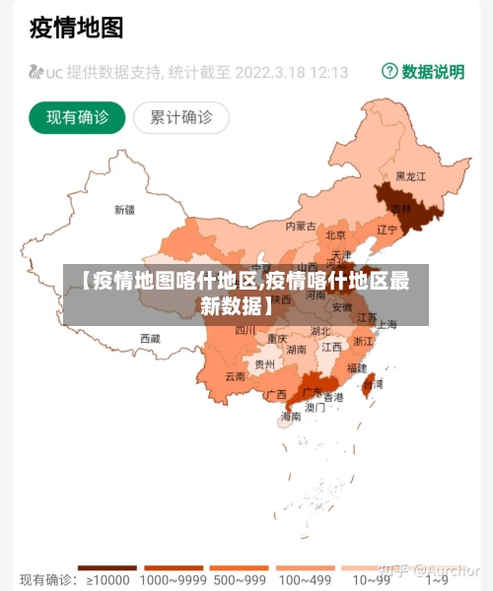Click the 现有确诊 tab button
[x=77, y=118]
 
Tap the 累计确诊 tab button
[x=181, y=118]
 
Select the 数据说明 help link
[x=423, y=72]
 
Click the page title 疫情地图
[x=77, y=27]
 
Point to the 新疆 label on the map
[x=124, y=209]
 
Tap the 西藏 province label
[x=150, y=338]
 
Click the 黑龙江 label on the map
[x=411, y=176]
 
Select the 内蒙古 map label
[x=301, y=226]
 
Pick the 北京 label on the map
[x=335, y=234]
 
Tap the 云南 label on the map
[x=235, y=376]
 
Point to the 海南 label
[x=291, y=417]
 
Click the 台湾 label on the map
[x=373, y=384]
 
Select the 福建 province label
[x=357, y=367]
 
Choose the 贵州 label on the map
[x=264, y=363]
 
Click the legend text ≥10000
[x=103, y=580]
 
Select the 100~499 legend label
[x=304, y=580]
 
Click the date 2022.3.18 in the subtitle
[x=273, y=72]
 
